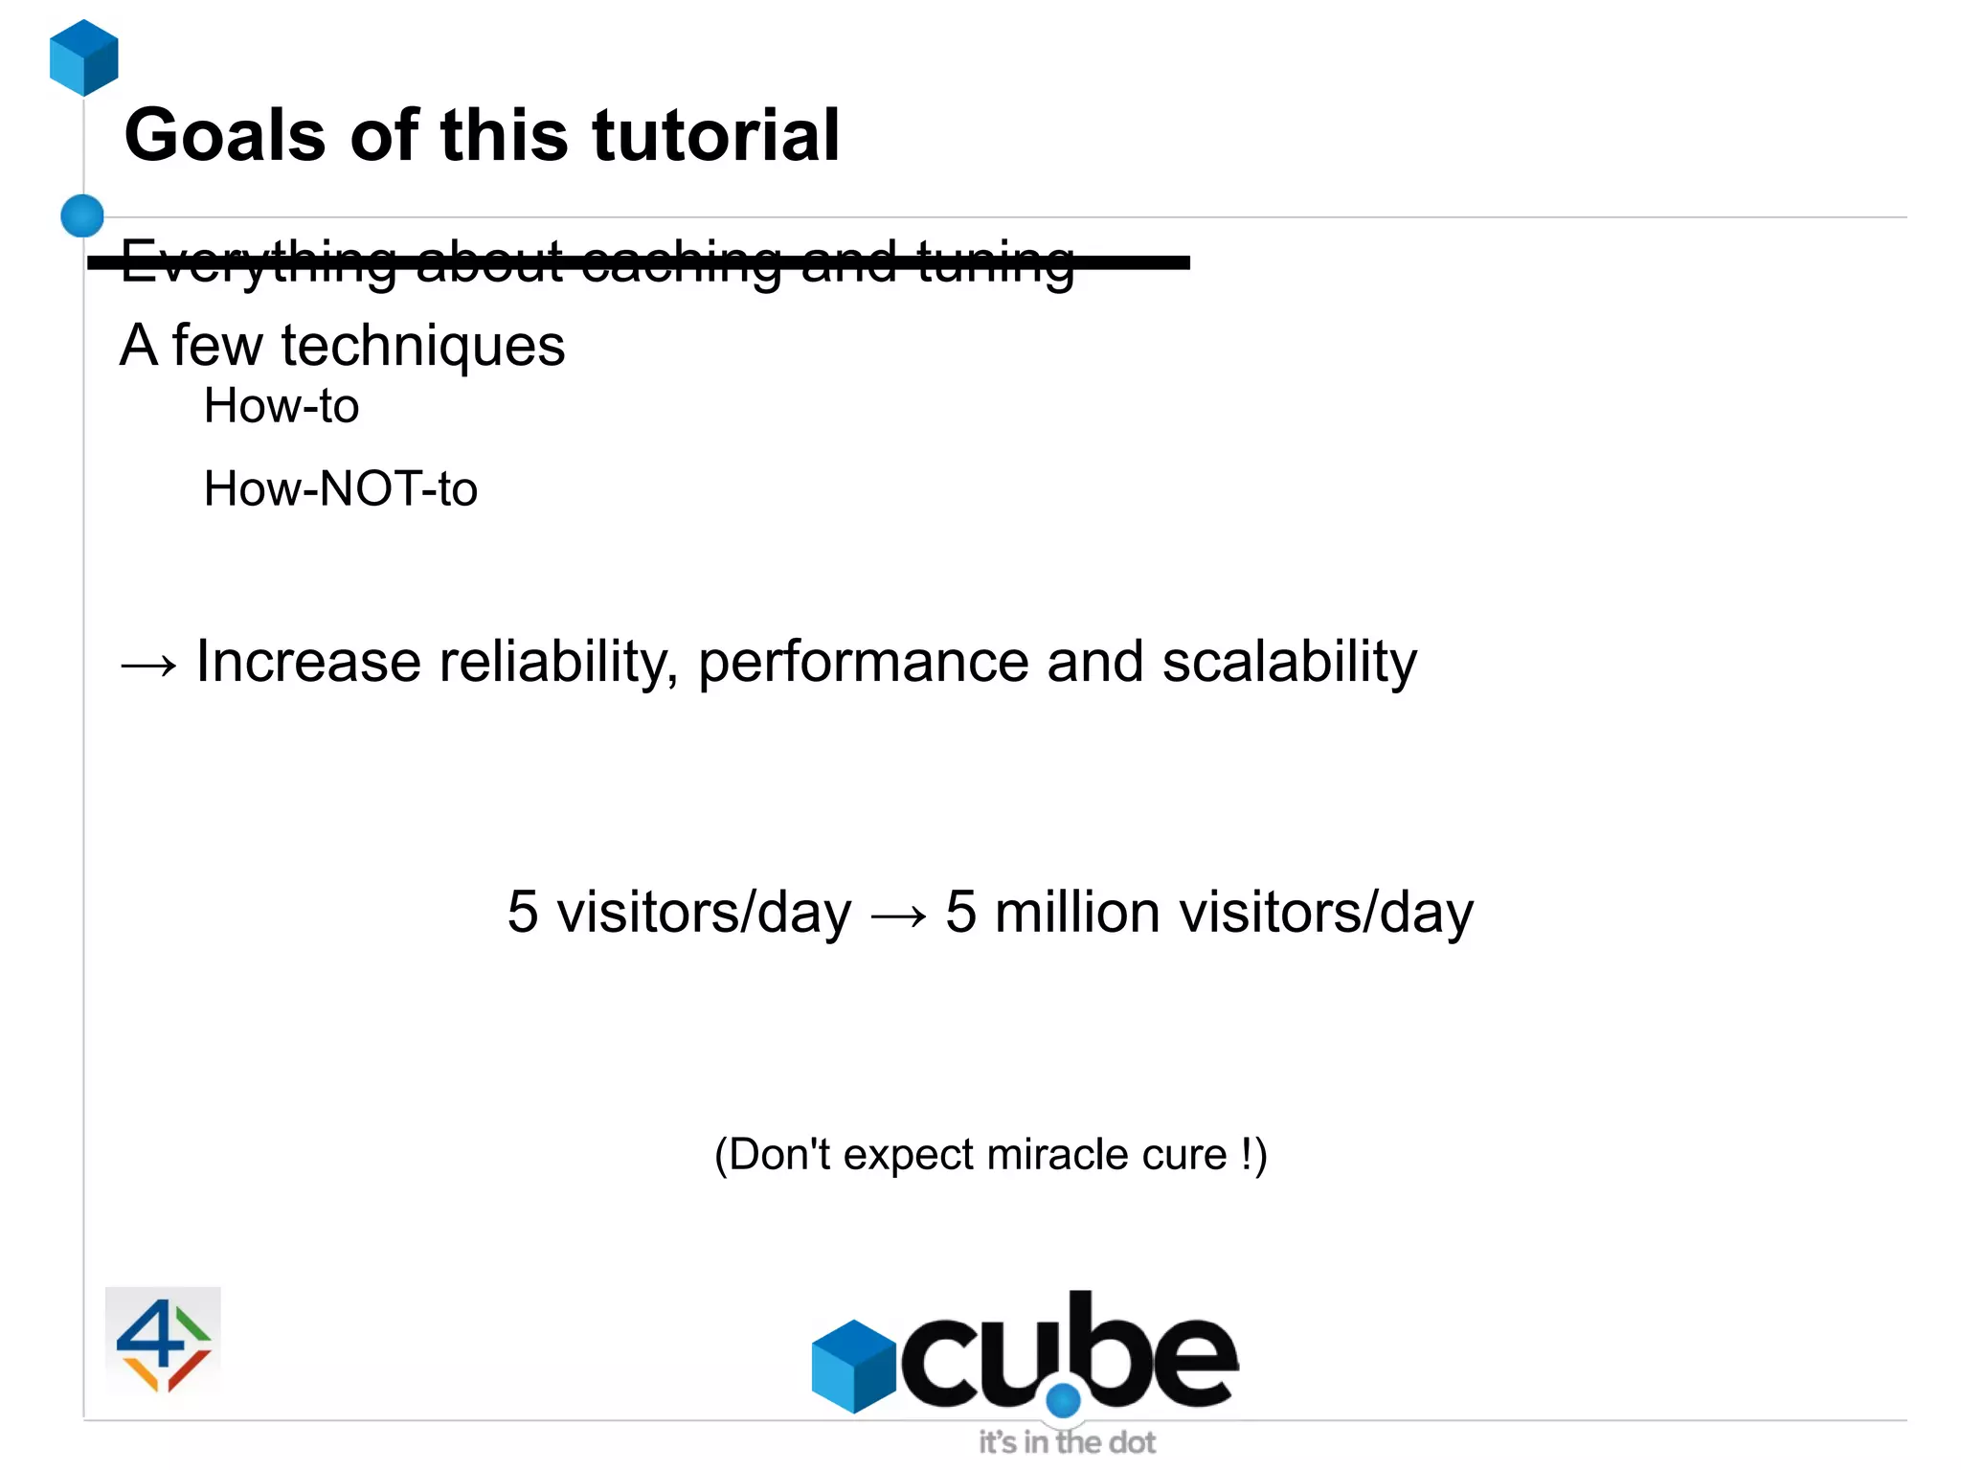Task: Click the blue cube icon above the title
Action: (84, 57)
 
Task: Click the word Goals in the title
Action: (225, 135)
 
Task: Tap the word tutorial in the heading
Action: (715, 135)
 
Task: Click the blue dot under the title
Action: (82, 215)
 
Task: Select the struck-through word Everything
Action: (258, 261)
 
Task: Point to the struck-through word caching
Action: (681, 261)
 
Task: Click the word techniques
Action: (422, 346)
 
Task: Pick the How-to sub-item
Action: (282, 406)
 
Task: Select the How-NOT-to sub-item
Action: (340, 488)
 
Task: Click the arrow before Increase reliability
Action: (149, 664)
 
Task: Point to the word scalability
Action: (1289, 662)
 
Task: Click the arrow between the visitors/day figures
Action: (898, 916)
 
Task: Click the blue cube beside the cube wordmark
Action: (852, 1366)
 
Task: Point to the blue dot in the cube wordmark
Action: (1063, 1401)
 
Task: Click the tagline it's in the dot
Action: (1067, 1442)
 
